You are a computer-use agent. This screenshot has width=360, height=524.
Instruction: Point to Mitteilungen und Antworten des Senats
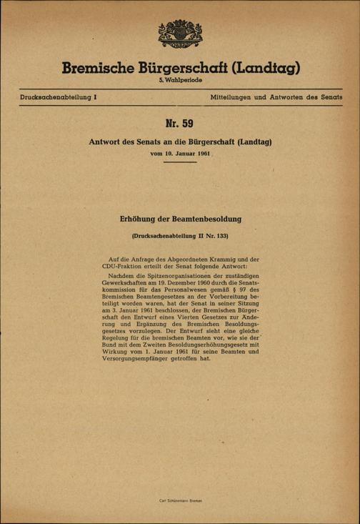coord(276,96)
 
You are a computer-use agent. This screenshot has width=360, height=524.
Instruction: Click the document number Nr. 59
coord(180,124)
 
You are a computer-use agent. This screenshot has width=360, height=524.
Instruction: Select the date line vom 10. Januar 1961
coord(180,154)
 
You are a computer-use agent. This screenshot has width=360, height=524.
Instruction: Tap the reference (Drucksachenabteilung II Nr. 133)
coord(180,234)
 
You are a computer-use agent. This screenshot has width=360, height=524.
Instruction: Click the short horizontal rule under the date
coord(180,163)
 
